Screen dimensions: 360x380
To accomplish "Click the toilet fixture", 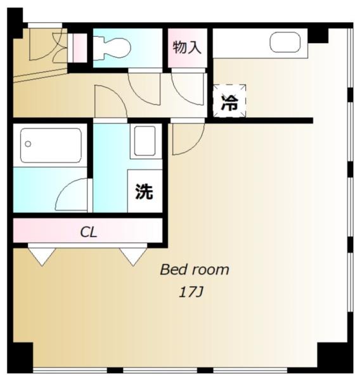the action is coord(112,48).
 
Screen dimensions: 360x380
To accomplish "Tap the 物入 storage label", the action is coord(187,47).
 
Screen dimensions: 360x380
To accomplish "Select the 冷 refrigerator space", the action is coord(229,101).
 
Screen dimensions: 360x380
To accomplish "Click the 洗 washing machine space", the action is coord(145,191).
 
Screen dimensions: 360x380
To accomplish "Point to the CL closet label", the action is coord(89,232).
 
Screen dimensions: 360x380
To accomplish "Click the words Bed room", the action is coord(195,270).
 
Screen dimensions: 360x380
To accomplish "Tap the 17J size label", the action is coord(191,293).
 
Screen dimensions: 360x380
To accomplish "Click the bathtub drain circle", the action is coord(28,144).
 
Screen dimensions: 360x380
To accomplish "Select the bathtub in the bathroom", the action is coord(51,145).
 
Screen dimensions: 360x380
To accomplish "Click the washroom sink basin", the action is coord(145,141).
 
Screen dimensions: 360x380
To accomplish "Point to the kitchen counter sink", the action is coord(285,42).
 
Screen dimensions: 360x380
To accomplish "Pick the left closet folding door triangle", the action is coord(42,256).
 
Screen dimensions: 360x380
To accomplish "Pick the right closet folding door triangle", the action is coord(133,256).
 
